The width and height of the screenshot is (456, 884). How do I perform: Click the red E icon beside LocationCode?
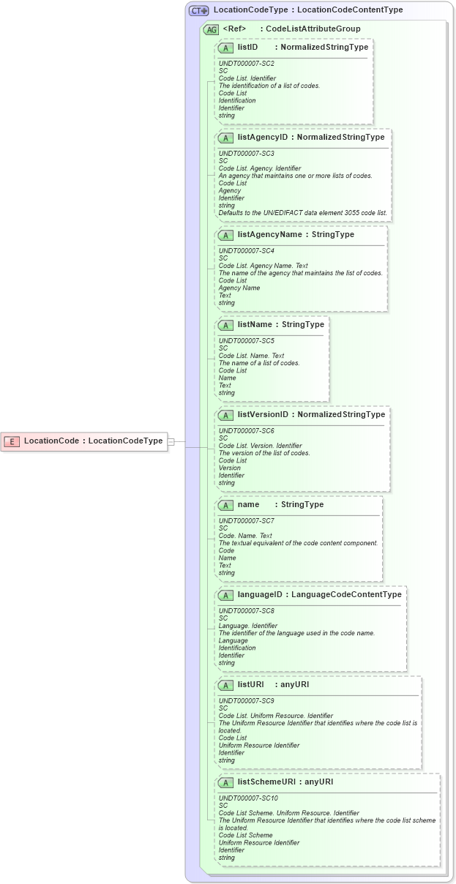(12, 441)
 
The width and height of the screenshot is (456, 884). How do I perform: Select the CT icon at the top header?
(198, 11)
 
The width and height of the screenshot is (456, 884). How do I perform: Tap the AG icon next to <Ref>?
(211, 29)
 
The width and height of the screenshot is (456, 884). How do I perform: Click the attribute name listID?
(247, 47)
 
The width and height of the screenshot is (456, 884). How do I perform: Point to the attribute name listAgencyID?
(262, 137)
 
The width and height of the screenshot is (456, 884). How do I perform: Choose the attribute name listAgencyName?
(269, 234)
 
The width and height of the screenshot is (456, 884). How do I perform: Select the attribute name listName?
(254, 324)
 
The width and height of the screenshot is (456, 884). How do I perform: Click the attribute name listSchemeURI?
(266, 782)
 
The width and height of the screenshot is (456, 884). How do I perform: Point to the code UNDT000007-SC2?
(246, 64)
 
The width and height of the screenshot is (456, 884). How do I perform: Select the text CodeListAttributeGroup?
(313, 29)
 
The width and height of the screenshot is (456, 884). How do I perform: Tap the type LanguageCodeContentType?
(346, 594)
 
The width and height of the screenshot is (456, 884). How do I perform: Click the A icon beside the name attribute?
(225, 504)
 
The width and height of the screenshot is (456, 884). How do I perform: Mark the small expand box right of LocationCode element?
(171, 441)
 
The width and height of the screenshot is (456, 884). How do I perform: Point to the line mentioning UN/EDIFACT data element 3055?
(303, 213)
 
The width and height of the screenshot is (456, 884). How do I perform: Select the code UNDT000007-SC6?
(246, 431)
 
